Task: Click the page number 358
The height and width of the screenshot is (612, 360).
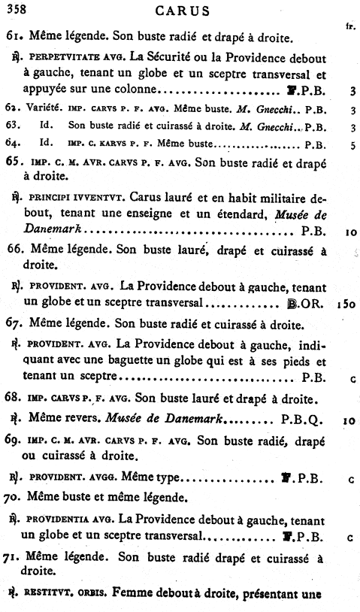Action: [16, 9]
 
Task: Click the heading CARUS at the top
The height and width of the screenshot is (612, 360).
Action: [180, 11]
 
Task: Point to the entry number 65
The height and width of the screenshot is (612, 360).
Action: [14, 160]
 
